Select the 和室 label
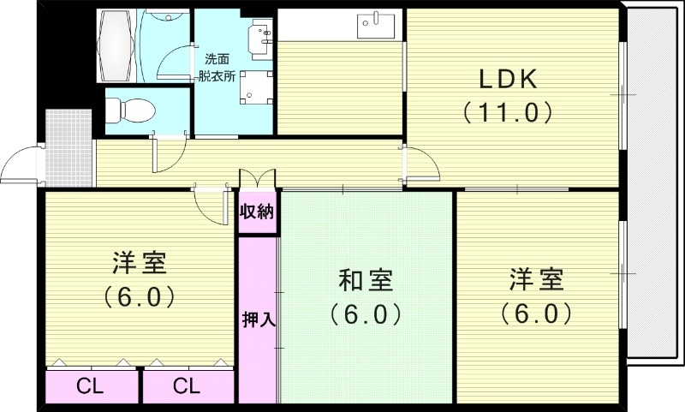[366, 280]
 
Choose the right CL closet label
[186, 386]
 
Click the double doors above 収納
[257, 178]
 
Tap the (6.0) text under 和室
[366, 314]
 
